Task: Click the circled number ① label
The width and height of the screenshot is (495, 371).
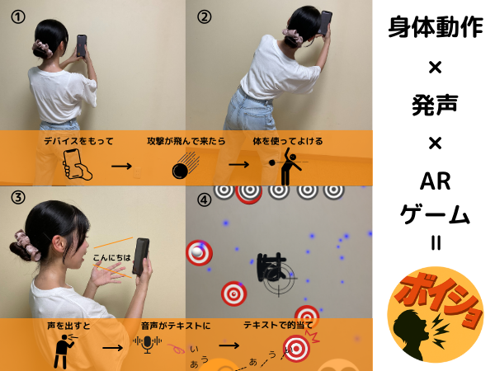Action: click(18, 17)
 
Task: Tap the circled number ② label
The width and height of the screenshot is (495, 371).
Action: click(205, 17)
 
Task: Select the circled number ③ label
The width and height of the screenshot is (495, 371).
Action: click(18, 198)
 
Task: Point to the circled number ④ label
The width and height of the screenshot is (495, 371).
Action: click(205, 200)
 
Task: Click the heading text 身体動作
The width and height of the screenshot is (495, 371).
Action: click(436, 27)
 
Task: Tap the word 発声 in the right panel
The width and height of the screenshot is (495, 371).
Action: click(435, 105)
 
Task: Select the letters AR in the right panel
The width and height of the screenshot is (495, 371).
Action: click(435, 181)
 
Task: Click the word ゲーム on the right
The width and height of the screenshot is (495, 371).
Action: click(435, 214)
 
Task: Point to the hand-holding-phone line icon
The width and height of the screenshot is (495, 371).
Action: click(77, 164)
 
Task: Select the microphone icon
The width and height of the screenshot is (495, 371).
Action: click(148, 344)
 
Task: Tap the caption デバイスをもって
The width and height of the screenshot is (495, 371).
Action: click(78, 141)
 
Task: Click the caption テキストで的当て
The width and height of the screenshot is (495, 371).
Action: click(278, 325)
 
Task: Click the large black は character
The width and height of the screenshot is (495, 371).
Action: click(271, 267)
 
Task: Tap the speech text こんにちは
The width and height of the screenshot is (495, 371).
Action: click(111, 258)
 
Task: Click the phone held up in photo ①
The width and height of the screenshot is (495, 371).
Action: click(82, 45)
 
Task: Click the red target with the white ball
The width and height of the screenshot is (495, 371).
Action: click(199, 253)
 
